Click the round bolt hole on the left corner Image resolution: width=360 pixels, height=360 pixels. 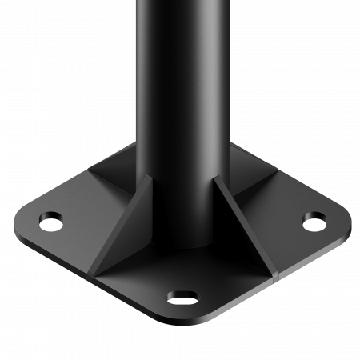point(51,218)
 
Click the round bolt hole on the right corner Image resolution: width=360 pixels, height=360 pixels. point(314,218)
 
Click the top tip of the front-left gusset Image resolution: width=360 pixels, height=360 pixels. point(150,180)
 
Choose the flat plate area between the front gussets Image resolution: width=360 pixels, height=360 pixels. point(184,276)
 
